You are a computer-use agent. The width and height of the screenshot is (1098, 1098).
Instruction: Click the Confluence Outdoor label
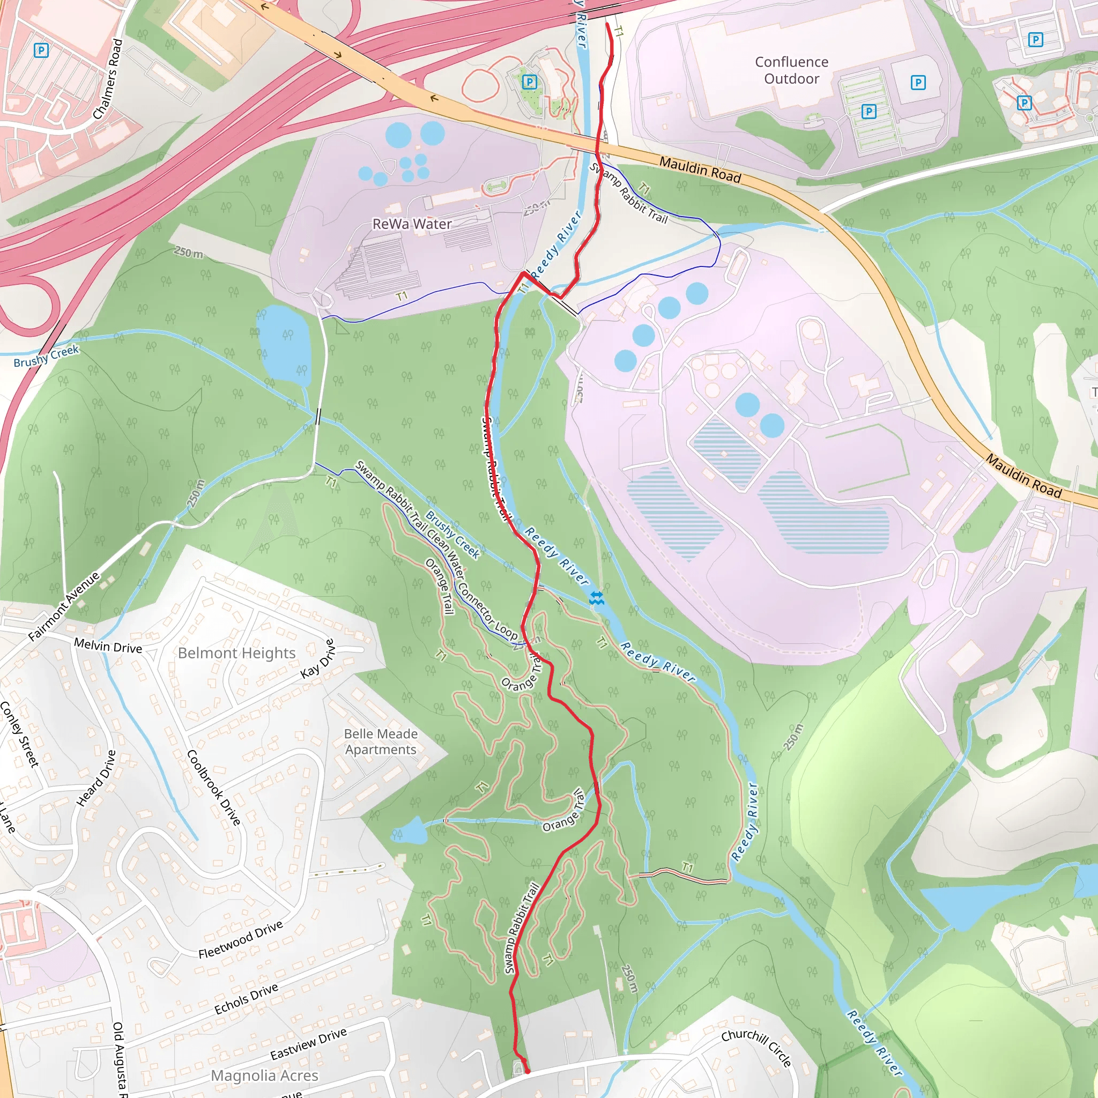click(x=791, y=70)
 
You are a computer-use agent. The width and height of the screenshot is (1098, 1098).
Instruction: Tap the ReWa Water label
click(x=412, y=224)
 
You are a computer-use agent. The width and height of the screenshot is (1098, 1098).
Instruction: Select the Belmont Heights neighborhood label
click(x=236, y=653)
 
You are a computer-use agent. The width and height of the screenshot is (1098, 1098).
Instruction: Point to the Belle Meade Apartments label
click(x=381, y=741)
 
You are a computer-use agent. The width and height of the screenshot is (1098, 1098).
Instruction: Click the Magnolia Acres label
click(x=264, y=1075)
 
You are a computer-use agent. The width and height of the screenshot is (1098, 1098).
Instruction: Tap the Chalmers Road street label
click(x=108, y=79)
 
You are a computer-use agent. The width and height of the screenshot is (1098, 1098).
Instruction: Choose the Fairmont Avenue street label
click(x=64, y=606)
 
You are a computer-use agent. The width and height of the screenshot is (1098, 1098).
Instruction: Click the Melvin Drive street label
click(x=108, y=646)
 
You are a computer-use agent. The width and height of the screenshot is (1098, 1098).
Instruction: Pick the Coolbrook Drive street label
click(x=214, y=787)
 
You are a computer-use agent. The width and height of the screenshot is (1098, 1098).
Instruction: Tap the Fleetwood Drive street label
click(x=240, y=939)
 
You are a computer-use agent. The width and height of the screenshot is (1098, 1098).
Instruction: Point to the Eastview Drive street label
click(x=308, y=1044)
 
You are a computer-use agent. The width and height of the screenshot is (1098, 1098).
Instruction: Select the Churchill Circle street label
click(x=756, y=1048)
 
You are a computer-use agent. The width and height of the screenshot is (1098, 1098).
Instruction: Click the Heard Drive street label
click(x=97, y=778)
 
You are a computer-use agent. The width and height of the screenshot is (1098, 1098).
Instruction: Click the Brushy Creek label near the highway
click(x=46, y=356)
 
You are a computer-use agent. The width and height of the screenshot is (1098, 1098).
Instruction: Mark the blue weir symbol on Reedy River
click(x=596, y=598)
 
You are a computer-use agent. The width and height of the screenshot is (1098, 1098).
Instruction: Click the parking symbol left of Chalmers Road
click(x=41, y=50)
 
